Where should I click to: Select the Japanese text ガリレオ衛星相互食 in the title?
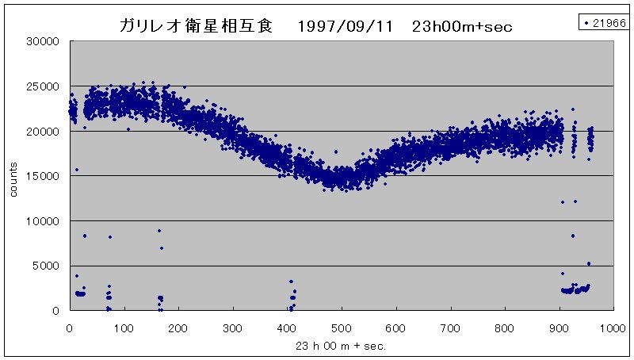tap(196, 26)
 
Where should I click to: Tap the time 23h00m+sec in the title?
tap(462, 26)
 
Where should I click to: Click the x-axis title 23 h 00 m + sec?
tap(342, 346)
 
